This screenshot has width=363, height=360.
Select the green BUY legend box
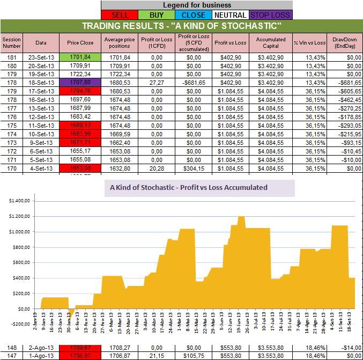coord(160,15)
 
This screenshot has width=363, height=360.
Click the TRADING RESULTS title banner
coord(181,26)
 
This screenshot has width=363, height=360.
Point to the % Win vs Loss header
coord(309,42)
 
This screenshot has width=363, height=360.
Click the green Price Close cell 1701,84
coord(80,57)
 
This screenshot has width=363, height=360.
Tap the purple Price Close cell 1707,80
coord(80,83)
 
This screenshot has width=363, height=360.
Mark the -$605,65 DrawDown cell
coord(344,91)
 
